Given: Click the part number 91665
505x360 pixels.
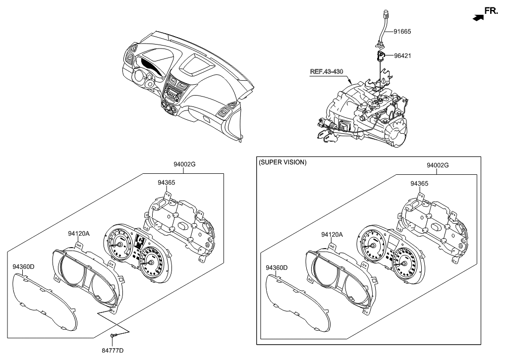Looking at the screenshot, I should [x=402, y=31].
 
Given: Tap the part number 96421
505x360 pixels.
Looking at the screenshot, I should [x=402, y=56].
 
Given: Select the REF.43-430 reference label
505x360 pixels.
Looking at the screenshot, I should [x=327, y=71].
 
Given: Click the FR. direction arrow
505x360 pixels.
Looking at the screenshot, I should [x=478, y=17].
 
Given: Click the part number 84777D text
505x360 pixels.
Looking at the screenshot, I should [x=113, y=351].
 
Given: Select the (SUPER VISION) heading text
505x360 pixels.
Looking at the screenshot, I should [x=282, y=162].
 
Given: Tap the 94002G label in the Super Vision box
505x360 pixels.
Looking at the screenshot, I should [x=438, y=165].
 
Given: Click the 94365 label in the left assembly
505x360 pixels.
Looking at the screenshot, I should [x=167, y=182].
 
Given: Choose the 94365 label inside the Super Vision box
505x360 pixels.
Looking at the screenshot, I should [x=419, y=183].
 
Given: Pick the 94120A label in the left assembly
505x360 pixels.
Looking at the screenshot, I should [x=79, y=232].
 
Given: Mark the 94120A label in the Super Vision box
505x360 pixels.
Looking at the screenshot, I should [x=332, y=234].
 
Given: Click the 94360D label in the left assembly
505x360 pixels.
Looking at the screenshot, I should [x=24, y=267].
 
